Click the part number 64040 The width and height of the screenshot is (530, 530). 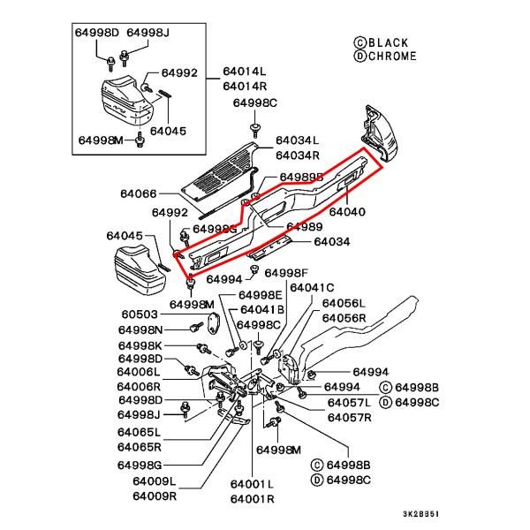coord(347,213)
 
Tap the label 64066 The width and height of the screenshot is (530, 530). coord(139,193)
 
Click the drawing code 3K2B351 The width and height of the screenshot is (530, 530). coord(421,513)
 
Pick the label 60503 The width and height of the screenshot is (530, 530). coord(140,314)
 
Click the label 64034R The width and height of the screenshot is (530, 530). coord(298,155)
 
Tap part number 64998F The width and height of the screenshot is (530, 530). coord(287,273)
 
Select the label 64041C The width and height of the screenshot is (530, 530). coord(313,287)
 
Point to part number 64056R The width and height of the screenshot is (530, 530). coord(344,317)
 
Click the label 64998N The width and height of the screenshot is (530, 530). coord(140,329)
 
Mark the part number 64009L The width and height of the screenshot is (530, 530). coord(155,481)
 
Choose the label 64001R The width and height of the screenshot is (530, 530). coord(253,499)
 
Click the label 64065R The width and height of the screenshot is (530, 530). coord(140,447)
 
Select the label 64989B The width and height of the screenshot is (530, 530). coord(302,178)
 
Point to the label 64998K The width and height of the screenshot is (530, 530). coord(140,344)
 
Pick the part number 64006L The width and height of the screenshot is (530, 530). coord(140,372)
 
